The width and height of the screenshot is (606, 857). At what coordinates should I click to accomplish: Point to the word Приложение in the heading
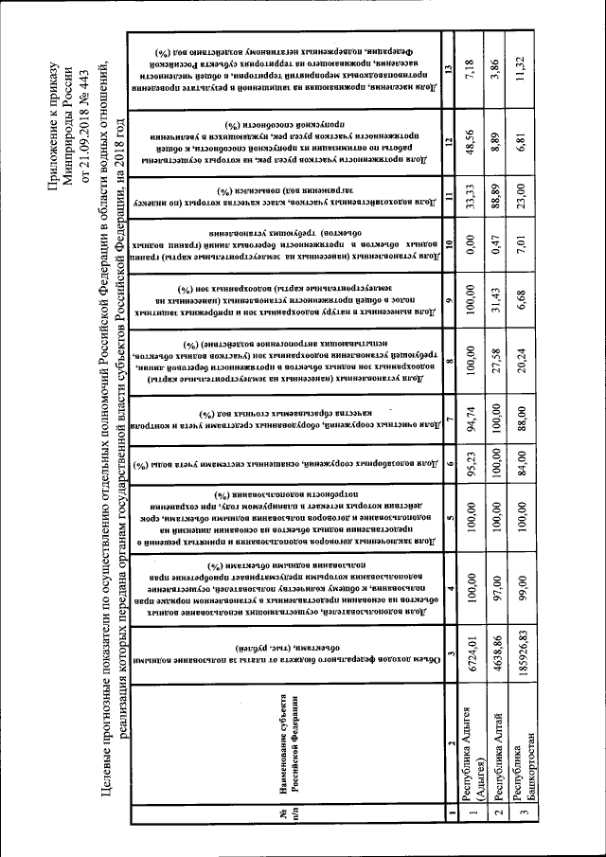click(x=52, y=127)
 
